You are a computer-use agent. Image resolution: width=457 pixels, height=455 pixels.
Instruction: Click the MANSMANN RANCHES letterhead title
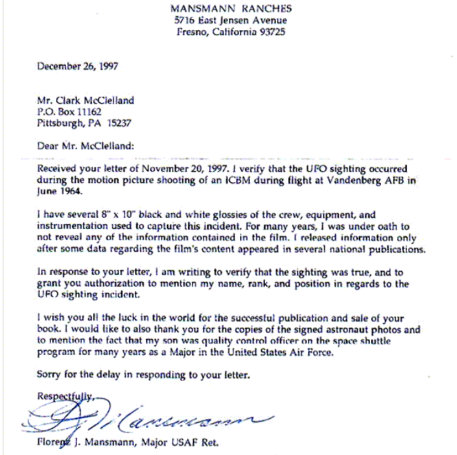click(x=231, y=9)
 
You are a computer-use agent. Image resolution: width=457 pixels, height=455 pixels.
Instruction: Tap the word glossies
click(x=187, y=214)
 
